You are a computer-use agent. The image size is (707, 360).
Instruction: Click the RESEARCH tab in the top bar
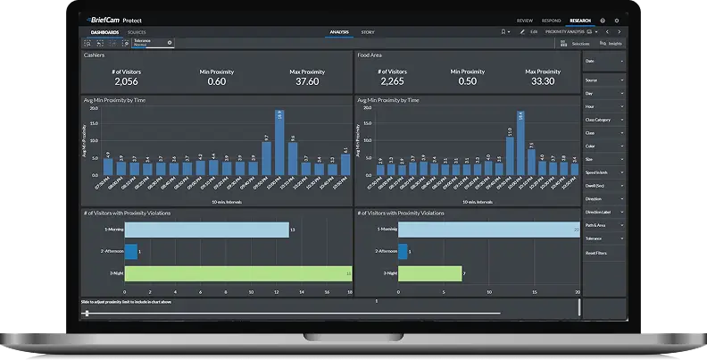pos(579,20)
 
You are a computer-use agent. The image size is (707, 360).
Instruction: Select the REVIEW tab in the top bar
pos(525,20)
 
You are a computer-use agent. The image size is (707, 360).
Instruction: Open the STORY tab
pos(368,32)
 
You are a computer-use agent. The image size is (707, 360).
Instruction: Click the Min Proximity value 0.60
pos(216,80)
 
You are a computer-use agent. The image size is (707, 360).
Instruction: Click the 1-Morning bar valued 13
pos(206,230)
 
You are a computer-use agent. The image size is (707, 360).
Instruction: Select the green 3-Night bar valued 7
pos(430,273)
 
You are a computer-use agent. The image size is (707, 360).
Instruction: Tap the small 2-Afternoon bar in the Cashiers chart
pos(130,252)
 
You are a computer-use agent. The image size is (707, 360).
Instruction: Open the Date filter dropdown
pos(603,61)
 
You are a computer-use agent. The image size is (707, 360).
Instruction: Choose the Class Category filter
pos(603,119)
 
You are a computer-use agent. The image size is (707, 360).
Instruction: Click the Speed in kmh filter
pos(603,172)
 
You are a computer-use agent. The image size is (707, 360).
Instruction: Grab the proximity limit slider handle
pos(87,313)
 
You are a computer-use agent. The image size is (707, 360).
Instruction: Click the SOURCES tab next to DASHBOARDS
pos(137,32)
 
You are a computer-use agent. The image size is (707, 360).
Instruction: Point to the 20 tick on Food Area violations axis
pos(578,291)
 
